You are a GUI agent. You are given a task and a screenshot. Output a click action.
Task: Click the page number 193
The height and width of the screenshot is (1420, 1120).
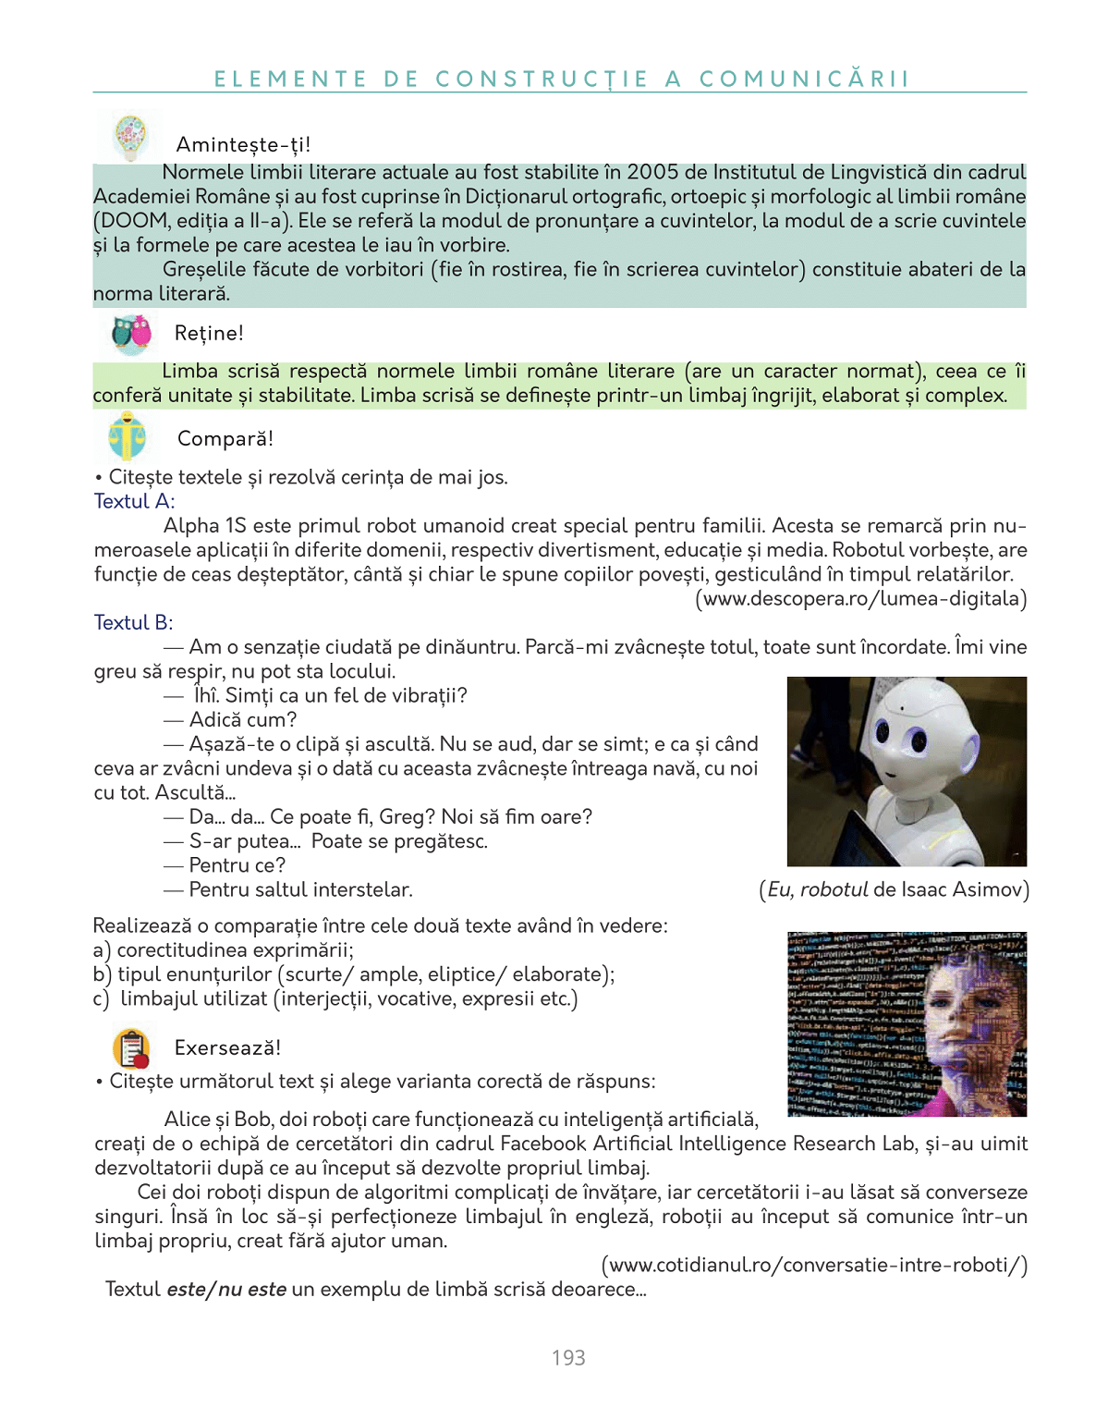568,1357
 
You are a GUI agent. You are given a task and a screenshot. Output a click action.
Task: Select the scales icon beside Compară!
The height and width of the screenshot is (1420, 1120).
128,437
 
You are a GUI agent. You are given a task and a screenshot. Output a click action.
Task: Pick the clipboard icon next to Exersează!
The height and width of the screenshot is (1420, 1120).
131,1048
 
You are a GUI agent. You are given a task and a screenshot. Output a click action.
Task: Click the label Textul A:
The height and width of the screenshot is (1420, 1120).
134,501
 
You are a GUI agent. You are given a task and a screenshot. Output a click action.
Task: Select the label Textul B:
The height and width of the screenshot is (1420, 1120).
133,622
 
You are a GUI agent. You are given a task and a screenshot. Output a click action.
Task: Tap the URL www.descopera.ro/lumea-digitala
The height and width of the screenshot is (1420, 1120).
861,598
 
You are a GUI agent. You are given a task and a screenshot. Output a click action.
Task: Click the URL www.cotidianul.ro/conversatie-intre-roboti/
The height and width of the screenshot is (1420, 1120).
814,1264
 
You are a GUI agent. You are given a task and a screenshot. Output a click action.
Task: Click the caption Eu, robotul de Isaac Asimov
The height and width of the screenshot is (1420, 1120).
894,889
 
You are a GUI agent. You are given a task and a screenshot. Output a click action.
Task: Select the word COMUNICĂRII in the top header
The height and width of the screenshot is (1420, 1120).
805,79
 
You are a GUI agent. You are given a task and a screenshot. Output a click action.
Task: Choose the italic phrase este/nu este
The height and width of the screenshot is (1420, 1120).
226,1289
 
